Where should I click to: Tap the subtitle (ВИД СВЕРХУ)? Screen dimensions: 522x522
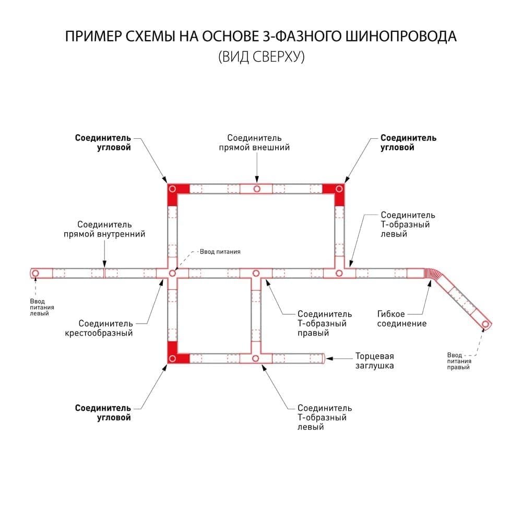(x=262, y=56)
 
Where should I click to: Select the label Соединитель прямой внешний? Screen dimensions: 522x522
(x=254, y=143)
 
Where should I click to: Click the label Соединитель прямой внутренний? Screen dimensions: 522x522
(x=104, y=229)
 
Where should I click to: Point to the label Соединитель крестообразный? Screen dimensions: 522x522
(x=99, y=328)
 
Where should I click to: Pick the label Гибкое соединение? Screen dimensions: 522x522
(x=402, y=318)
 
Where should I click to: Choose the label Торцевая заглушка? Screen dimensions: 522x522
(x=374, y=361)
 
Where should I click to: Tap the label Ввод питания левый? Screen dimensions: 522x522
(x=42, y=307)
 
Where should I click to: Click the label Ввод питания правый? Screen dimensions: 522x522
(x=459, y=361)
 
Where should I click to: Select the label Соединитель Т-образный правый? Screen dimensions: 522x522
(x=325, y=323)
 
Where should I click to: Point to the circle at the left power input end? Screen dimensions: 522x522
(x=35, y=274)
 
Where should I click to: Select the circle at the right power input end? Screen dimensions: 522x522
(x=485, y=324)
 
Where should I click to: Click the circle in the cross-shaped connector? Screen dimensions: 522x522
(x=172, y=274)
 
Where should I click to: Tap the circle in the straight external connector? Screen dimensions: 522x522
(x=257, y=189)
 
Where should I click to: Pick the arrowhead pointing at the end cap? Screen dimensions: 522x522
(x=329, y=359)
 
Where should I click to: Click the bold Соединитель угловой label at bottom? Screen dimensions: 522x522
(x=103, y=413)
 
